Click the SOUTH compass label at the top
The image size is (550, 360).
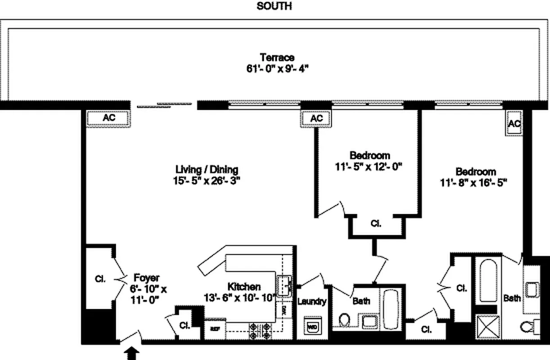pyautogui.click(x=274, y=6)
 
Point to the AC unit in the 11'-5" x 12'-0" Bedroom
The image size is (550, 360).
pyautogui.click(x=317, y=118)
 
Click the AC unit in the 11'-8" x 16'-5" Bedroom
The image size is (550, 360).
pyautogui.click(x=514, y=124)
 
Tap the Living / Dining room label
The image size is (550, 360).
pyautogui.click(x=207, y=170)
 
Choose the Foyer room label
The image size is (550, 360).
pyautogui.click(x=146, y=278)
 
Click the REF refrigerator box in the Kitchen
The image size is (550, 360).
pyautogui.click(x=214, y=328)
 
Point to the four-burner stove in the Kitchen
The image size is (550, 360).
pyautogui.click(x=260, y=331)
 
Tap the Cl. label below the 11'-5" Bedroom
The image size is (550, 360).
pyautogui.click(x=376, y=223)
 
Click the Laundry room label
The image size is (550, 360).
pyautogui.click(x=311, y=301)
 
